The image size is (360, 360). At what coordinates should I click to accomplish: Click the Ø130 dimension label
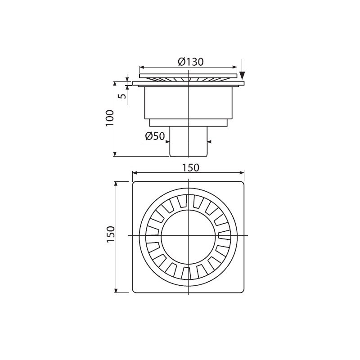[191, 62]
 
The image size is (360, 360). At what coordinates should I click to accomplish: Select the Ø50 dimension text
[155, 136]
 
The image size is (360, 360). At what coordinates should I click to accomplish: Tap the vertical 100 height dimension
[110, 118]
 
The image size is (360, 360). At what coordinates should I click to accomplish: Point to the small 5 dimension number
[123, 95]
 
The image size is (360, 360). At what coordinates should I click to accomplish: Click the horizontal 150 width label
[191, 168]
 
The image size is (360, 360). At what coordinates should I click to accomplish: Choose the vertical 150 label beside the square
[110, 234]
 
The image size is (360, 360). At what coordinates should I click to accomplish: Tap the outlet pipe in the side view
[188, 141]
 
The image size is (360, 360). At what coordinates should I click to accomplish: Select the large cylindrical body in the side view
[188, 103]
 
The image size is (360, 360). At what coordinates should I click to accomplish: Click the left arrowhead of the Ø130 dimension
[142, 67]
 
